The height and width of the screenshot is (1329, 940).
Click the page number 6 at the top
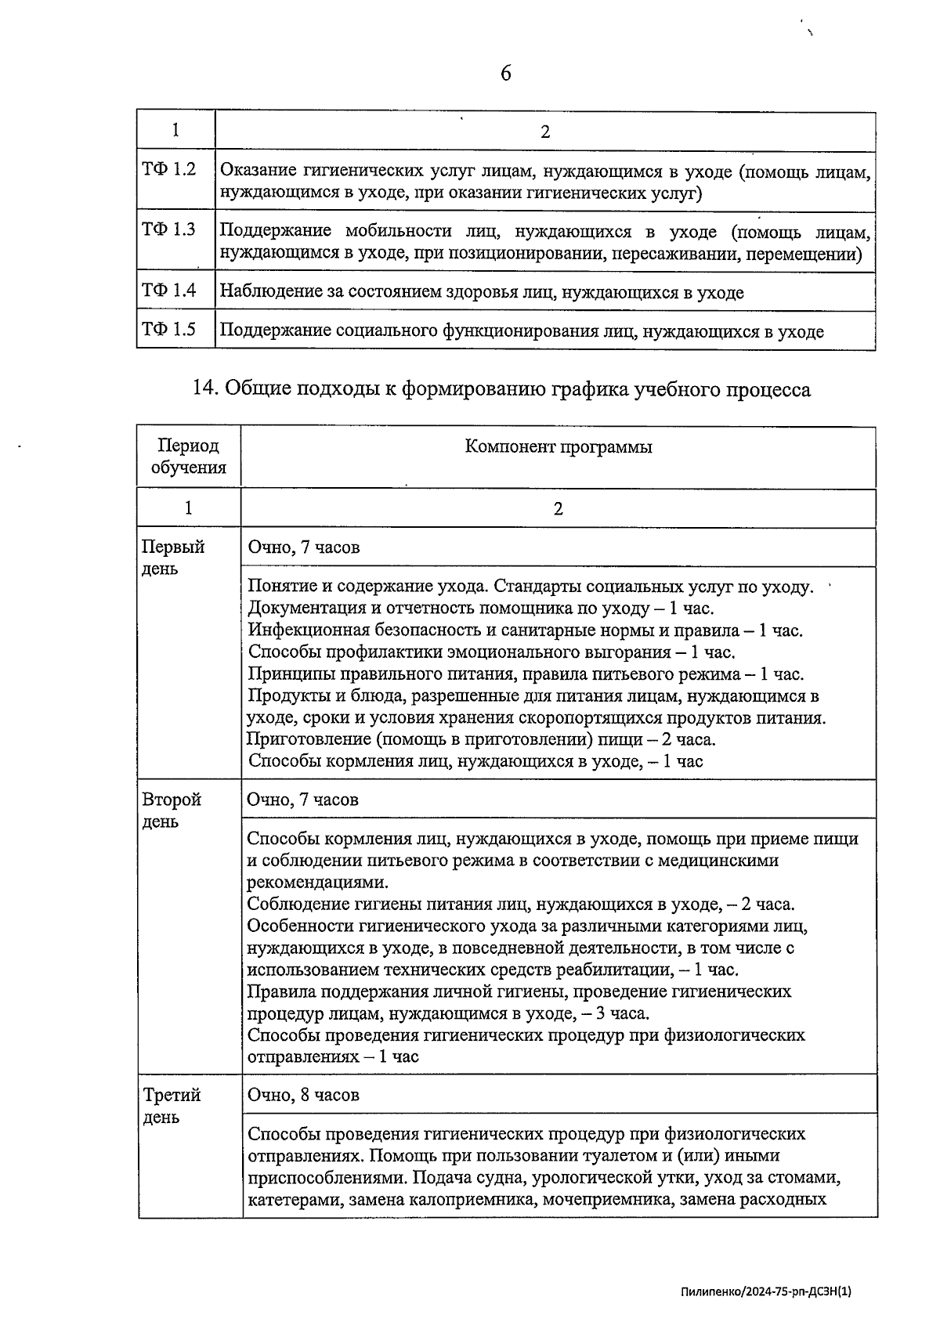(505, 74)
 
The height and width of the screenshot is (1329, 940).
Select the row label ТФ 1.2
(168, 169)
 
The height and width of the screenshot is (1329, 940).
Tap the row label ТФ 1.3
(168, 229)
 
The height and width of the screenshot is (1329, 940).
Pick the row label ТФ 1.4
(168, 291)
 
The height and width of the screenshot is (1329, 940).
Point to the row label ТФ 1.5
(168, 329)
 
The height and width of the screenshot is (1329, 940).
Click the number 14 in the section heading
(205, 388)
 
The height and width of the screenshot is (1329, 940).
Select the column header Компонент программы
(558, 446)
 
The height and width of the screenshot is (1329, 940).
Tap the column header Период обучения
(188, 457)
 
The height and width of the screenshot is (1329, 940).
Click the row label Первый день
(173, 557)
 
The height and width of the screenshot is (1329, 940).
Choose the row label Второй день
(172, 810)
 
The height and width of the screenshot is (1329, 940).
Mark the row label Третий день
(172, 1105)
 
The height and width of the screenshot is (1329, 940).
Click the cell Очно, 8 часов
(303, 1095)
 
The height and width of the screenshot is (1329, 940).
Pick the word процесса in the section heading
(773, 388)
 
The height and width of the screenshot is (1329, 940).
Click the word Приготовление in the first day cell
(307, 739)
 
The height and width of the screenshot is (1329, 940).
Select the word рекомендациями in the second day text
(316, 883)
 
